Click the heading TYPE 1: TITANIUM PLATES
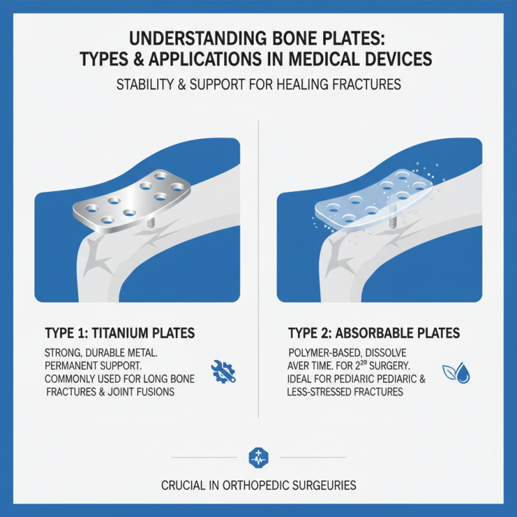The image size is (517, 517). coord(120,333)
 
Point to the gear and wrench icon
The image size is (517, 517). coord(224,369)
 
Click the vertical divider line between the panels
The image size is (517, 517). coord(258,258)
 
